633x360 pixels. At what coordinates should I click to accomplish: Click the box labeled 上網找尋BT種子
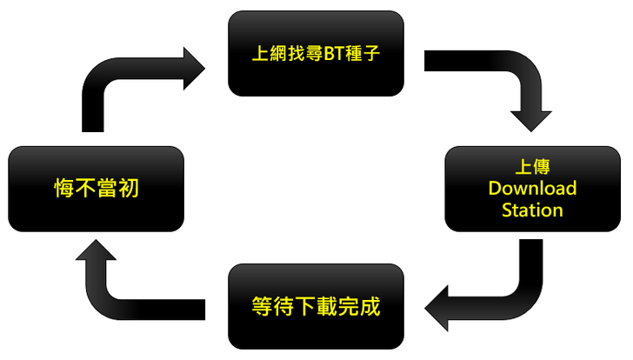[x=316, y=53]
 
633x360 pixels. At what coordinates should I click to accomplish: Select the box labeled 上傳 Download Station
[x=532, y=189]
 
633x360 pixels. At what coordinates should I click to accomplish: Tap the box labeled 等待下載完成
[x=316, y=307]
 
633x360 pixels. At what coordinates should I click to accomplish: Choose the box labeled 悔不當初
[x=96, y=189]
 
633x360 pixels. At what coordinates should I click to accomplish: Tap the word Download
[x=532, y=189]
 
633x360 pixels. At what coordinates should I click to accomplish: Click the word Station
[x=532, y=210]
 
